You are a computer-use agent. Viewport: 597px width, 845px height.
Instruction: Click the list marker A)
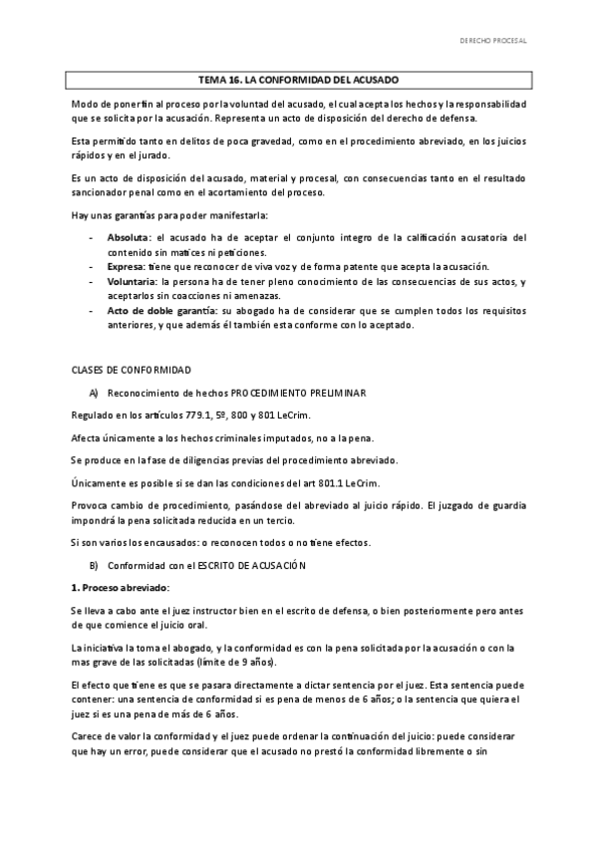tap(94, 393)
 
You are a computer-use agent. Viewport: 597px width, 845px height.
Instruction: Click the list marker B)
tap(94, 565)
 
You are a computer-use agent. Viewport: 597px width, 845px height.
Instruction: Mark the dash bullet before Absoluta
tap(93, 238)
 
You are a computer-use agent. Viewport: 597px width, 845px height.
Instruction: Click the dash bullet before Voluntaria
tap(93, 282)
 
